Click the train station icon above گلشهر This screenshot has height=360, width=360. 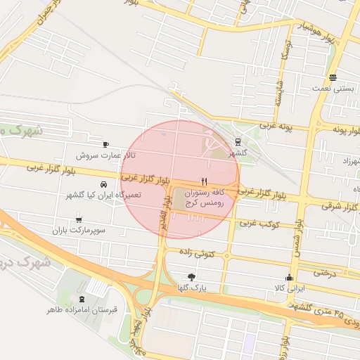[x=238, y=141]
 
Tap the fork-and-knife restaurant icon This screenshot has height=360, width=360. [x=204, y=180]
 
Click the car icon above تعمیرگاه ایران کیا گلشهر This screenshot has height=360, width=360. [x=104, y=185]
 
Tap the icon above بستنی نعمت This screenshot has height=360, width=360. [x=333, y=78]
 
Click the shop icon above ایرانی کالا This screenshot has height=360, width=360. [x=288, y=277]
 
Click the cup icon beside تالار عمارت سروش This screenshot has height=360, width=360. [x=106, y=144]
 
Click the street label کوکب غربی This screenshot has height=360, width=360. [x=258, y=223]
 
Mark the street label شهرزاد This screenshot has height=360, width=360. [x=345, y=162]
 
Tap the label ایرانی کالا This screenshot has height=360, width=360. [x=289, y=288]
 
